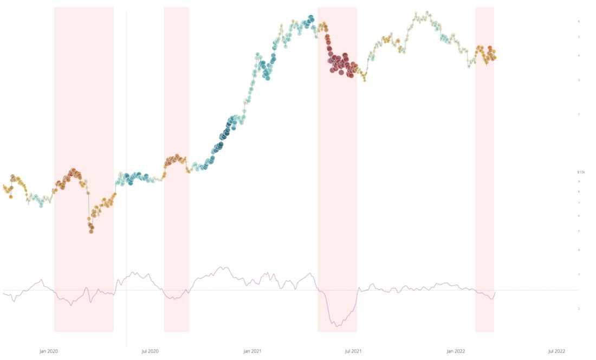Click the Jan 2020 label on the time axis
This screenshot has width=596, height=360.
49,351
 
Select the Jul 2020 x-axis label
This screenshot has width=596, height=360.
150,351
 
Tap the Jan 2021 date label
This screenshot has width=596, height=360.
252,351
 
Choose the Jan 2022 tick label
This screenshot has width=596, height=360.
456,351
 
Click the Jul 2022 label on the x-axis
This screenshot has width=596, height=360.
556,351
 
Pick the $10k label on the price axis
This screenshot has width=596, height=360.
581,172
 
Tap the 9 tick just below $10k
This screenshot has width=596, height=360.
579,181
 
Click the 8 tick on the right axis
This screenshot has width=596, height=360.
579,191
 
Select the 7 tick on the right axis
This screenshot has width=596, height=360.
579,203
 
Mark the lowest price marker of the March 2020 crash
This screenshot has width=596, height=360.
91,231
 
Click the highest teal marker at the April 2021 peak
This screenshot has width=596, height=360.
310,18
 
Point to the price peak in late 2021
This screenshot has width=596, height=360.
427,12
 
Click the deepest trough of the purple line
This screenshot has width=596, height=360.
337,326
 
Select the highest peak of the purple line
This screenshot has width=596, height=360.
221,267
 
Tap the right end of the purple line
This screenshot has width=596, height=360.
495,293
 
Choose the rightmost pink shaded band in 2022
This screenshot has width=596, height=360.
484,163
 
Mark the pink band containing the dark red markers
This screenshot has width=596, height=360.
337,163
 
